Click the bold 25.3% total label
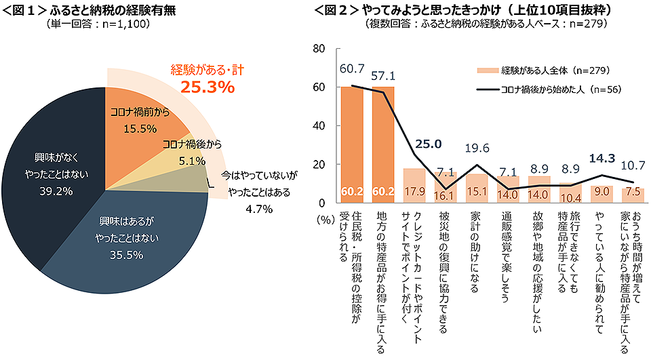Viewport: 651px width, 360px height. pyautogui.click(x=207, y=87)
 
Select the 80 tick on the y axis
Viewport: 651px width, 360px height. pyautogui.click(x=319, y=49)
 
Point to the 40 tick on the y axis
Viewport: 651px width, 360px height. pyautogui.click(x=319, y=126)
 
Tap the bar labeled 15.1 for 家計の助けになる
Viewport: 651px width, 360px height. pyautogui.click(x=475, y=188)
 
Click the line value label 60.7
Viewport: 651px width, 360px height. pyautogui.click(x=352, y=68)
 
